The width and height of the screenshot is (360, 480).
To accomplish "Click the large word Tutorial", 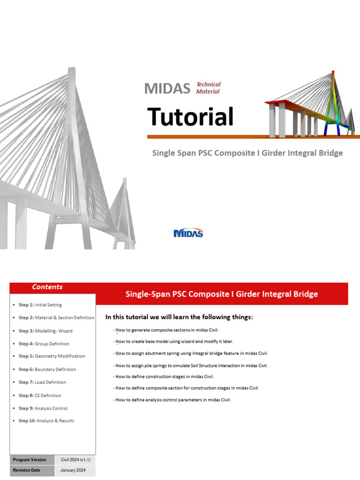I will tap(190, 117).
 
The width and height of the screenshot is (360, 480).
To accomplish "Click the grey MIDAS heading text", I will tap(167, 88).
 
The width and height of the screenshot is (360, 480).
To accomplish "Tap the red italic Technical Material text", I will tap(208, 88).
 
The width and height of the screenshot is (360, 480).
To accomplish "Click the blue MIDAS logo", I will tap(188, 233).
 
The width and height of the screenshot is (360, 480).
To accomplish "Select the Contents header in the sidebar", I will tap(47, 287).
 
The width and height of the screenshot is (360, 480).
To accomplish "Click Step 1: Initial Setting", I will tap(40, 305).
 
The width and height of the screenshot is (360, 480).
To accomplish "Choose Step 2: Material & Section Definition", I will tap(56, 318).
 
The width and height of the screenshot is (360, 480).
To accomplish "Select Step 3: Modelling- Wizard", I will tap(45, 331).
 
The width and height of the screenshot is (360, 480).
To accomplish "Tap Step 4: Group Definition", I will tap(44, 344).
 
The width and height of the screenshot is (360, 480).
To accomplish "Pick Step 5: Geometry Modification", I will tap(52, 356).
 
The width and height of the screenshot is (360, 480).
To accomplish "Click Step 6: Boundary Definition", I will tap(47, 369).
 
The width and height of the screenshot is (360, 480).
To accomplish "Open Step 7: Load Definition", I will tap(42, 382).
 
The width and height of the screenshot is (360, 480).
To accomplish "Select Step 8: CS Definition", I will tap(39, 395).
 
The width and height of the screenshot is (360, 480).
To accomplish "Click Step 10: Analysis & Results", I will tap(46, 421).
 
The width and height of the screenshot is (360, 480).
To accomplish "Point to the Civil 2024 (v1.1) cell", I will tap(75, 460).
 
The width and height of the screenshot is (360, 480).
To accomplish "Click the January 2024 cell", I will tap(75, 470).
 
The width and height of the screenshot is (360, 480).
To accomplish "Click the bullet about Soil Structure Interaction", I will tap(190, 366).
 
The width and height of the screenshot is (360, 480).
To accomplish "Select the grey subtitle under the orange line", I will tap(247, 153).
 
